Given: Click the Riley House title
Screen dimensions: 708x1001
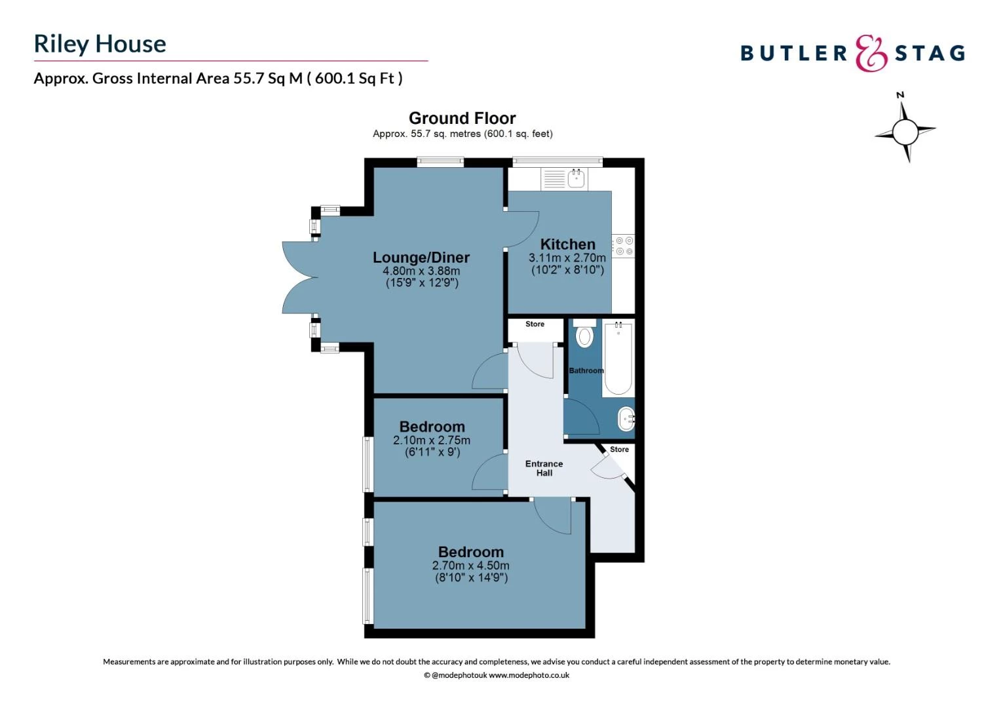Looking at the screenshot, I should (x=100, y=44).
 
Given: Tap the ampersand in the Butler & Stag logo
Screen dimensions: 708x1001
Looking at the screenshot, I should (x=871, y=53).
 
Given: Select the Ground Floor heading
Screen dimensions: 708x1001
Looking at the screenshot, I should (x=462, y=118).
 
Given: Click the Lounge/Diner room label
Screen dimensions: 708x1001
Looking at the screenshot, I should (x=421, y=258).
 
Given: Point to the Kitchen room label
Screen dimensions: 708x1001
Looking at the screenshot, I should (x=567, y=244).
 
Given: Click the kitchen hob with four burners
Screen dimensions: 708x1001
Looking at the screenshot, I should (x=624, y=246).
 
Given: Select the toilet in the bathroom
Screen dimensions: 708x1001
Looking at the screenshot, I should (x=584, y=334).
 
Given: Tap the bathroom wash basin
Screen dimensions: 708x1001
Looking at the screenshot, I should (x=626, y=418).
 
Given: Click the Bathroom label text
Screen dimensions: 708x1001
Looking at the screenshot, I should (x=586, y=370).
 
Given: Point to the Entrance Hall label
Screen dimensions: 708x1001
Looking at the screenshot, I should (x=544, y=468).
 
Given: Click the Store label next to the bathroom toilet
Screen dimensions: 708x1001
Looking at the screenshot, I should (x=535, y=324).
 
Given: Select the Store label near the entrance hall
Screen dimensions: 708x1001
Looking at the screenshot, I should (x=619, y=449).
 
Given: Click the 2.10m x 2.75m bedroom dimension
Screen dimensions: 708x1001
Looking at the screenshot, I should (x=431, y=441).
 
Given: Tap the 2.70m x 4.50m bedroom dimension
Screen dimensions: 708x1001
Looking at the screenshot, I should (x=470, y=565).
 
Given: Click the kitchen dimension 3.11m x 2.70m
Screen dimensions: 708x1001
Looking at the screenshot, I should (x=567, y=258).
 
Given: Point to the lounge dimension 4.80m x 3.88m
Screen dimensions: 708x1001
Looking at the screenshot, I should (x=421, y=271).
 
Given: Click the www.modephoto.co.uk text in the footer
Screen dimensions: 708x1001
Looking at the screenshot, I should (x=529, y=675).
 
